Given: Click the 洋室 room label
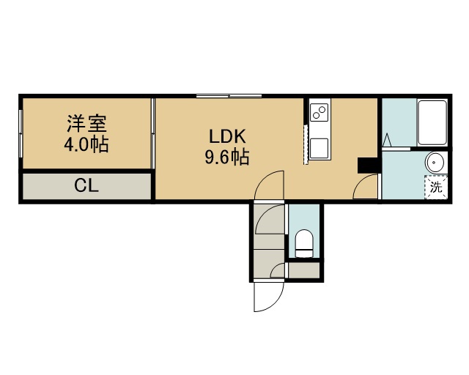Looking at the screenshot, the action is click(86, 124).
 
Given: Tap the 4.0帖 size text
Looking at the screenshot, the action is click(86, 144).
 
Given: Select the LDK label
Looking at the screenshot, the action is click(227, 137).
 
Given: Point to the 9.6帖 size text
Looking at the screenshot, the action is click(227, 157).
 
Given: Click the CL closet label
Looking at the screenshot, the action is click(86, 186).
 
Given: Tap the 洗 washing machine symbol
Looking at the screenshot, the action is click(436, 187).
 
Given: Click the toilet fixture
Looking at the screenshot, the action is click(303, 243).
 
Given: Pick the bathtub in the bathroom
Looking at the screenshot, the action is click(432, 122).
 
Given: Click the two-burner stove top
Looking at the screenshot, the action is click(320, 112).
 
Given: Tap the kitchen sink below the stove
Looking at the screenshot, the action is click(320, 148).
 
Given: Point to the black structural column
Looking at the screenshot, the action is click(368, 166).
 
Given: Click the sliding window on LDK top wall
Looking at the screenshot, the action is click(229, 96).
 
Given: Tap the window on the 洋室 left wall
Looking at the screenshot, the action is click(21, 134).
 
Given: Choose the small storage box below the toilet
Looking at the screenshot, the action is click(303, 270).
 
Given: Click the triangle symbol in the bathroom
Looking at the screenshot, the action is click(387, 140).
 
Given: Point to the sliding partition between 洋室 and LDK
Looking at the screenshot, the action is click(153, 134).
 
